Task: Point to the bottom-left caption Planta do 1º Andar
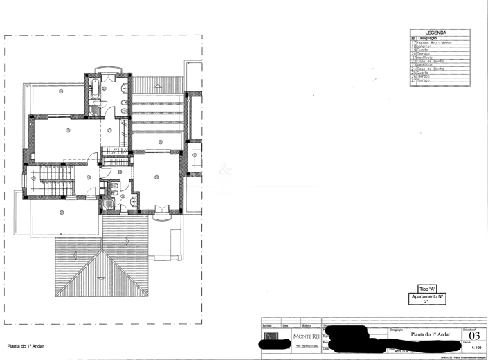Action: pos(26,345)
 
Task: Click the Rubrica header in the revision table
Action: pos(307,324)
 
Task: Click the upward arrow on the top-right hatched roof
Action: pos(159,86)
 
